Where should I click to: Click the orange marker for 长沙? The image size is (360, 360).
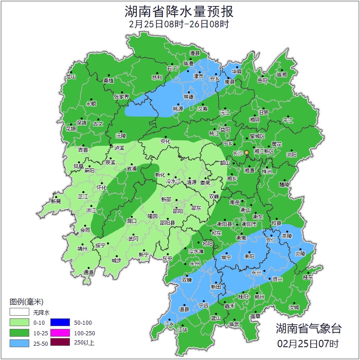[247, 152]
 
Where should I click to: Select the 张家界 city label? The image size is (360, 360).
[122, 97]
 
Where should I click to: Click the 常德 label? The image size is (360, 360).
[188, 97]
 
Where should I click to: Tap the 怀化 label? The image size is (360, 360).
[102, 188]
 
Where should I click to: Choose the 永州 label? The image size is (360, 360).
[195, 264]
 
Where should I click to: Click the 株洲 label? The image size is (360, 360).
[267, 172]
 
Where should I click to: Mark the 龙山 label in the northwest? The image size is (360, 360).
[70, 77]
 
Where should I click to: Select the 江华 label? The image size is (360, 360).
[183, 330]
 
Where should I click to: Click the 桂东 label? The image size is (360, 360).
[308, 277]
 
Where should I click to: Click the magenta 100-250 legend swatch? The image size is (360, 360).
[60, 333]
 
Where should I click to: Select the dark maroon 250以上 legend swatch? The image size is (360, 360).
[60, 343]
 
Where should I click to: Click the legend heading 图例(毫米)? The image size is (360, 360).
[26, 302]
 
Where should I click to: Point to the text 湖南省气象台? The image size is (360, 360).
[308, 328]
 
